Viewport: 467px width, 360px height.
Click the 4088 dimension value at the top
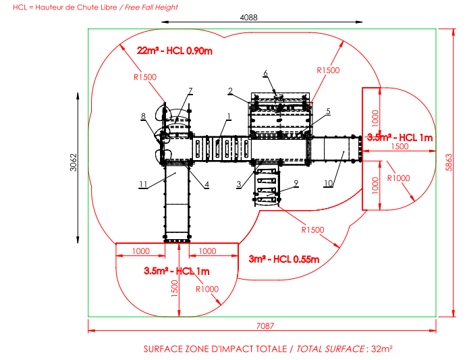coord(249,18)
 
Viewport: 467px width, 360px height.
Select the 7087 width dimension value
coord(265,326)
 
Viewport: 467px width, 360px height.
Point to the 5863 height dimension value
coord(449,162)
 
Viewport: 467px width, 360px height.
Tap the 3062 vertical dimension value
coord(74,162)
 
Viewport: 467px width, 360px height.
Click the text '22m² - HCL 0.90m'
coord(175,51)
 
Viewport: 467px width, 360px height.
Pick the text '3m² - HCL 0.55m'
coord(284,259)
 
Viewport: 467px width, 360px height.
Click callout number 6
coord(265,73)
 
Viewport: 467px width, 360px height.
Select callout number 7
coord(190,91)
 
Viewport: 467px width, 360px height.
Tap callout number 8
coord(143,116)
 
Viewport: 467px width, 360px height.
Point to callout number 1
coord(229,116)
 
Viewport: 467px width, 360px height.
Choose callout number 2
coord(230,91)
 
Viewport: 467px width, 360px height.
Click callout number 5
coord(328,111)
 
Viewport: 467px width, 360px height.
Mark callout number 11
coord(143,184)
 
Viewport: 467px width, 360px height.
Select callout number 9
coord(296,182)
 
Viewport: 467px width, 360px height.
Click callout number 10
coord(328,183)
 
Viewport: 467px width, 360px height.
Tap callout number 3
coord(239,184)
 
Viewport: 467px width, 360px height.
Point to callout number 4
coord(207,184)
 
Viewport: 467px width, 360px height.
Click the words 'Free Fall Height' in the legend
coord(151,7)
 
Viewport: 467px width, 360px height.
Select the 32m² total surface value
coord(382,349)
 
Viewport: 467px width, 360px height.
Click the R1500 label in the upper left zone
coord(145,77)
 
